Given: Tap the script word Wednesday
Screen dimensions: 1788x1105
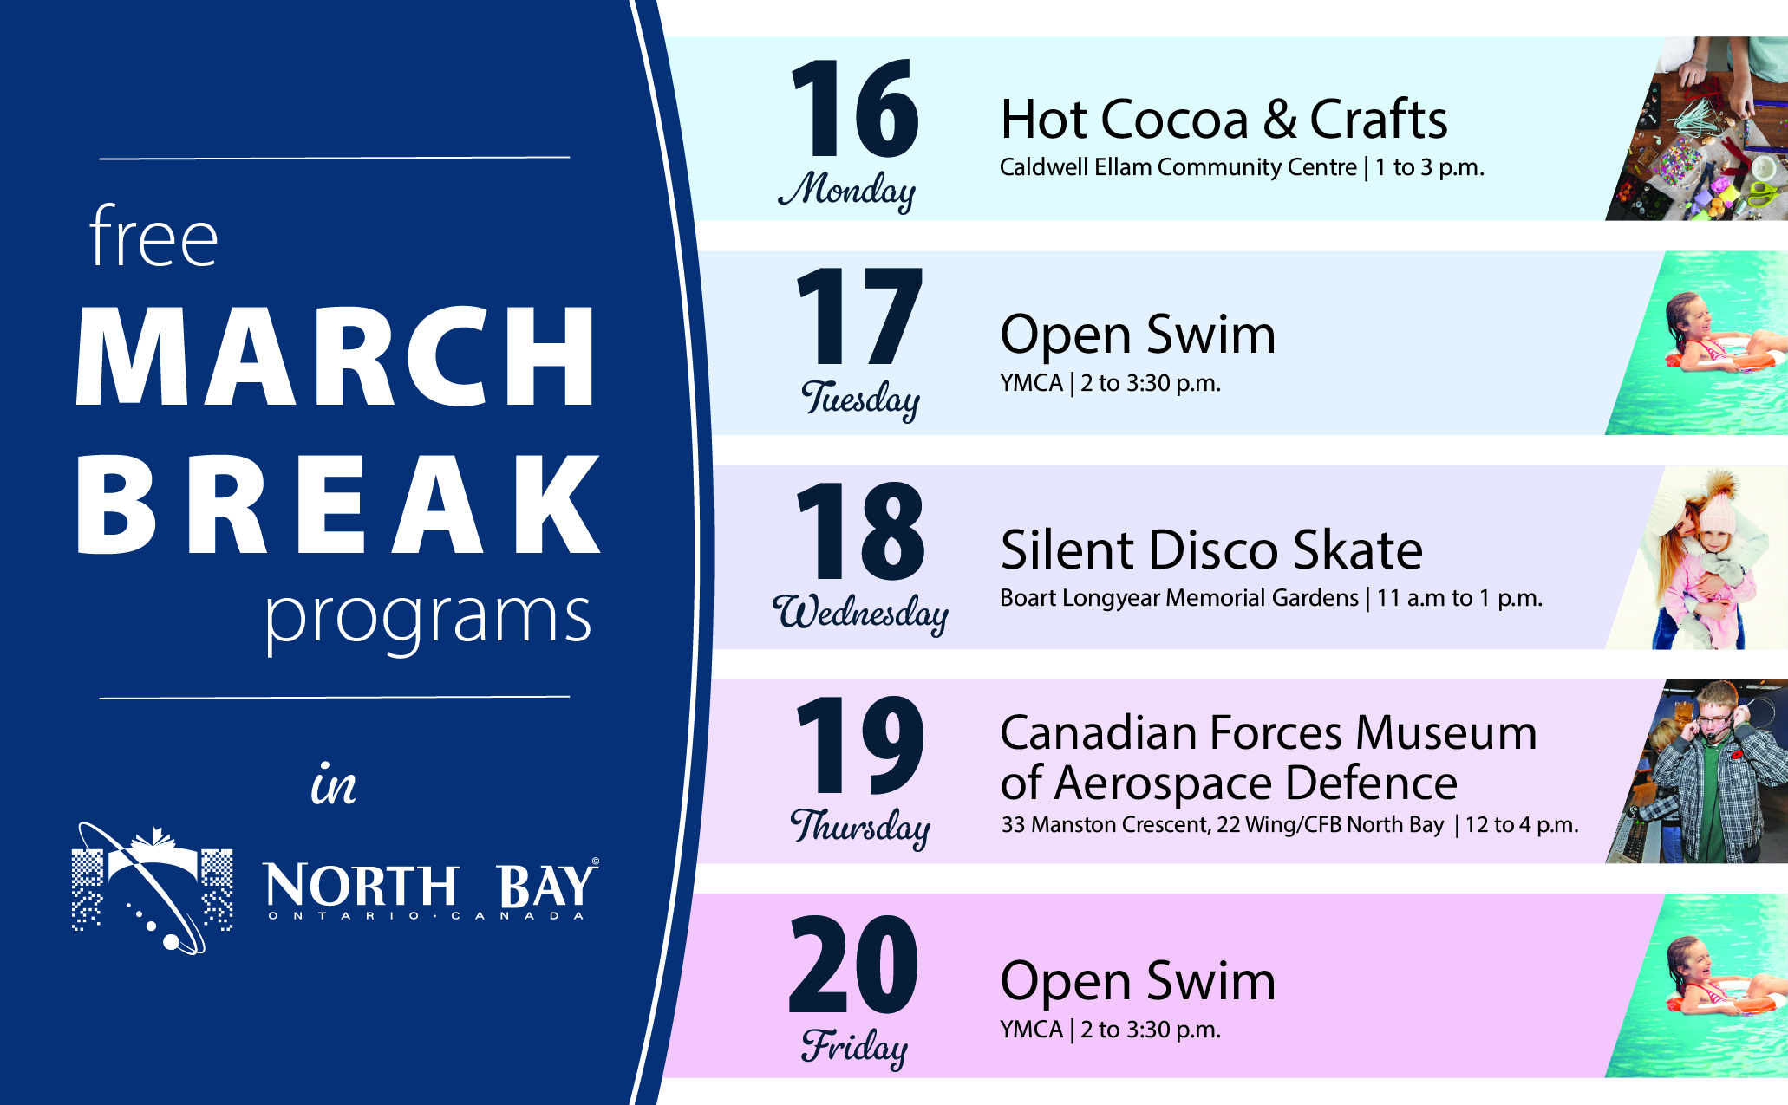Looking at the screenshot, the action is (x=860, y=613).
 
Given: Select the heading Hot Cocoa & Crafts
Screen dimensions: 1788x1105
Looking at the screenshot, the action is (x=1224, y=119).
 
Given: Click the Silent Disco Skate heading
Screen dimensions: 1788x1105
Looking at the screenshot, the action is (x=1211, y=549).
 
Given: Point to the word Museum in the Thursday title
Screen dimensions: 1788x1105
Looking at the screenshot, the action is (x=1446, y=732).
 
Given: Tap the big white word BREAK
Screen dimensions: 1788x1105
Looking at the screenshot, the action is (x=338, y=504).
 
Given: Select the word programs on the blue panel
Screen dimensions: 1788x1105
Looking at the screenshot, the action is (x=427, y=618).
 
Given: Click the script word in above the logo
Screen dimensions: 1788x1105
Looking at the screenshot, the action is (x=334, y=784).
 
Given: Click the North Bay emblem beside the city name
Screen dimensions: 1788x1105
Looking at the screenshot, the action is (x=152, y=888).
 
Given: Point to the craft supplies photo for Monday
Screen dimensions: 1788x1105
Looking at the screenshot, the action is (x=1697, y=128).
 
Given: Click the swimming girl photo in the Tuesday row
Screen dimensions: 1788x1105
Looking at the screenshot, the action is (x=1697, y=343).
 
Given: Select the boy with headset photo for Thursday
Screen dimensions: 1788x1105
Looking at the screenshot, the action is (x=1697, y=771).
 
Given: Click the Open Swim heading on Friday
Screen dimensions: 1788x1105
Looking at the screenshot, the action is (x=1138, y=982).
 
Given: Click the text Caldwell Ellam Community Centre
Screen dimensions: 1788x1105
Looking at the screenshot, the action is (x=1178, y=166).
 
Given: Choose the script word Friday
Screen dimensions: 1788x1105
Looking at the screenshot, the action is (x=855, y=1046).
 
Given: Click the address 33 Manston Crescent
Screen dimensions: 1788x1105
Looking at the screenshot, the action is (x=1105, y=824).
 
